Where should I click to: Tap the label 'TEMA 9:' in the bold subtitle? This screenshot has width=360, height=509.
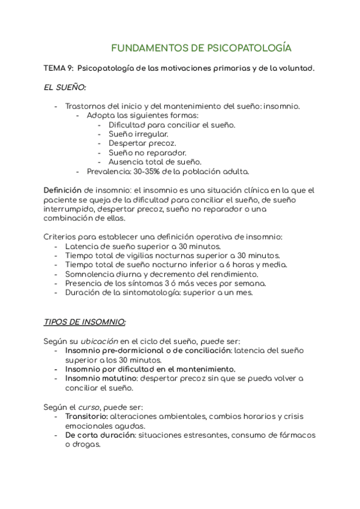[x=59, y=69]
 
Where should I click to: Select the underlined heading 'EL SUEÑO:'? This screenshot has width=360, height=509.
[x=65, y=88]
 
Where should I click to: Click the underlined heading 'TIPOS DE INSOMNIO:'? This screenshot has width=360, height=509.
[x=85, y=322]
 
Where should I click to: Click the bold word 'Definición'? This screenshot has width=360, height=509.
[x=63, y=190]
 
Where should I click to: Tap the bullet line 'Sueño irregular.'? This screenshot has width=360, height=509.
[x=138, y=134]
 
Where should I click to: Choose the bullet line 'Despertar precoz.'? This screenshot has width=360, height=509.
[x=142, y=143]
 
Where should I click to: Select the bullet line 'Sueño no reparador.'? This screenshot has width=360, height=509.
[x=147, y=152]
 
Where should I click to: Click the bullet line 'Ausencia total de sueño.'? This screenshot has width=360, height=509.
[x=155, y=162]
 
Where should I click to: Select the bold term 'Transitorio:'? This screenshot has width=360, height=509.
[x=86, y=416]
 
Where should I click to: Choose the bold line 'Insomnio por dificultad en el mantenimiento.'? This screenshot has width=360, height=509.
[x=150, y=369]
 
